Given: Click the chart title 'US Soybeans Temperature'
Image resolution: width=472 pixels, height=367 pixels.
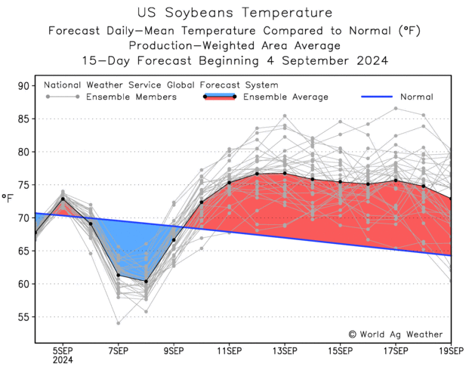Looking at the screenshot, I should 236,13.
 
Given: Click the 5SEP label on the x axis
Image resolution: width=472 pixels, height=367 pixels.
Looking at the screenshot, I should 63,350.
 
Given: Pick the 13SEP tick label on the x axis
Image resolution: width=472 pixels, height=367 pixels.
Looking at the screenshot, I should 285,350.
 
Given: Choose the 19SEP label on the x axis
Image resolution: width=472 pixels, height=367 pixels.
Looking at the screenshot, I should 452,350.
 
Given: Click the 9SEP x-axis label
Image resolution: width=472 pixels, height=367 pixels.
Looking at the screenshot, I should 174,350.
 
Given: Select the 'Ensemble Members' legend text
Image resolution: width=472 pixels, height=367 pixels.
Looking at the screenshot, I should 131,97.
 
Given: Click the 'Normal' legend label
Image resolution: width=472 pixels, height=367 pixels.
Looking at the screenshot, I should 418,97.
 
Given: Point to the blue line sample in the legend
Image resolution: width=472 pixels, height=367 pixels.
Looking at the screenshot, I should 377,97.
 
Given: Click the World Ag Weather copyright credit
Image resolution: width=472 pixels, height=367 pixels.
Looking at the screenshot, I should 395,334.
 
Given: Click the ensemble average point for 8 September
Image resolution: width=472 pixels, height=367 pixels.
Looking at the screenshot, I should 146,282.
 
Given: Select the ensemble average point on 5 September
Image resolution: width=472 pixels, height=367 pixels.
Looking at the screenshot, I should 63,199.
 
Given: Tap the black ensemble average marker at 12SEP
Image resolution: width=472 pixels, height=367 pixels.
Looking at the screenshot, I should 257,174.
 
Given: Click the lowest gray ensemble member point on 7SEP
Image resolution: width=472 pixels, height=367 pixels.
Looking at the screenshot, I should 119,323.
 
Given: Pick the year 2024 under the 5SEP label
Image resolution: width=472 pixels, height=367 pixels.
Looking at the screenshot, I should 63,359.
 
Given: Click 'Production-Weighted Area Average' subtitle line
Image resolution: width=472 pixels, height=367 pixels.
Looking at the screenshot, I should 236,45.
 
